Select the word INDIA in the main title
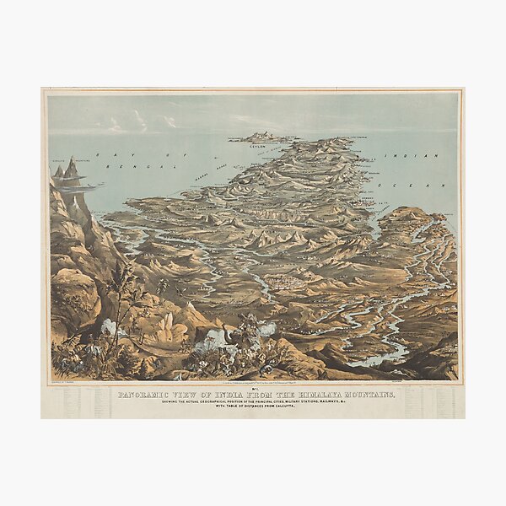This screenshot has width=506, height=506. pos(227,395)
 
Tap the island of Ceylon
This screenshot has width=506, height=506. pos(265,137)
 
